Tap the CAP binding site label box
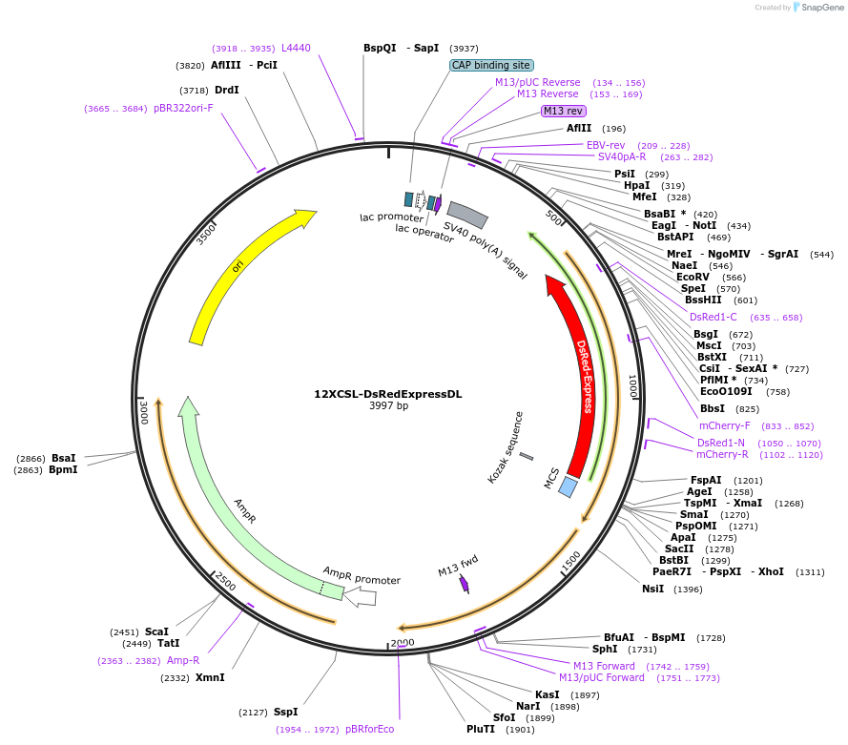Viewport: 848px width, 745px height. coord(491,66)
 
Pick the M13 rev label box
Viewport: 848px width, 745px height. coord(563,111)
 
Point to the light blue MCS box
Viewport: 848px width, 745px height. coord(568,486)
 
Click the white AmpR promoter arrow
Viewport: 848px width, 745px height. coord(360,597)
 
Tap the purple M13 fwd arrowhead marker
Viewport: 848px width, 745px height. coord(465,584)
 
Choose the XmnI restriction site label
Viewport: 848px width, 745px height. coord(210,677)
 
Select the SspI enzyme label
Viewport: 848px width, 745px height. coord(285,712)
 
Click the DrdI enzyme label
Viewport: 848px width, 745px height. coord(227,90)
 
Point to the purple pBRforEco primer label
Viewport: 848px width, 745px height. coord(369,729)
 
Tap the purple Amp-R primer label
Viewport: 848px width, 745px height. coord(183,660)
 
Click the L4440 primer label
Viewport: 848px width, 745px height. coord(296,48)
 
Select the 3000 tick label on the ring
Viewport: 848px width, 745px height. coord(144,412)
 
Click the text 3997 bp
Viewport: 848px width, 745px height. coord(388,406)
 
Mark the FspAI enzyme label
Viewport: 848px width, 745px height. coord(706,480)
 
